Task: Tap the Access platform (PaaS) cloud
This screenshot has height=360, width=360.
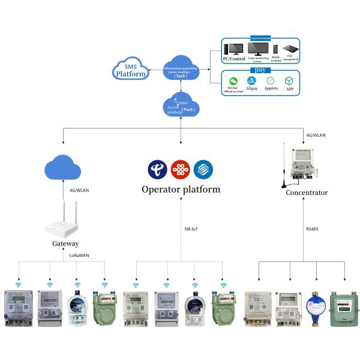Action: coord(181,106)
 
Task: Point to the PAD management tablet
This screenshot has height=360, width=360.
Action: coord(291,49)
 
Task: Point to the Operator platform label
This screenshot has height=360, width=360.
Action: coord(181,190)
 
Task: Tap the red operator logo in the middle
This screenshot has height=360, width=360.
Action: coord(181,169)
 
